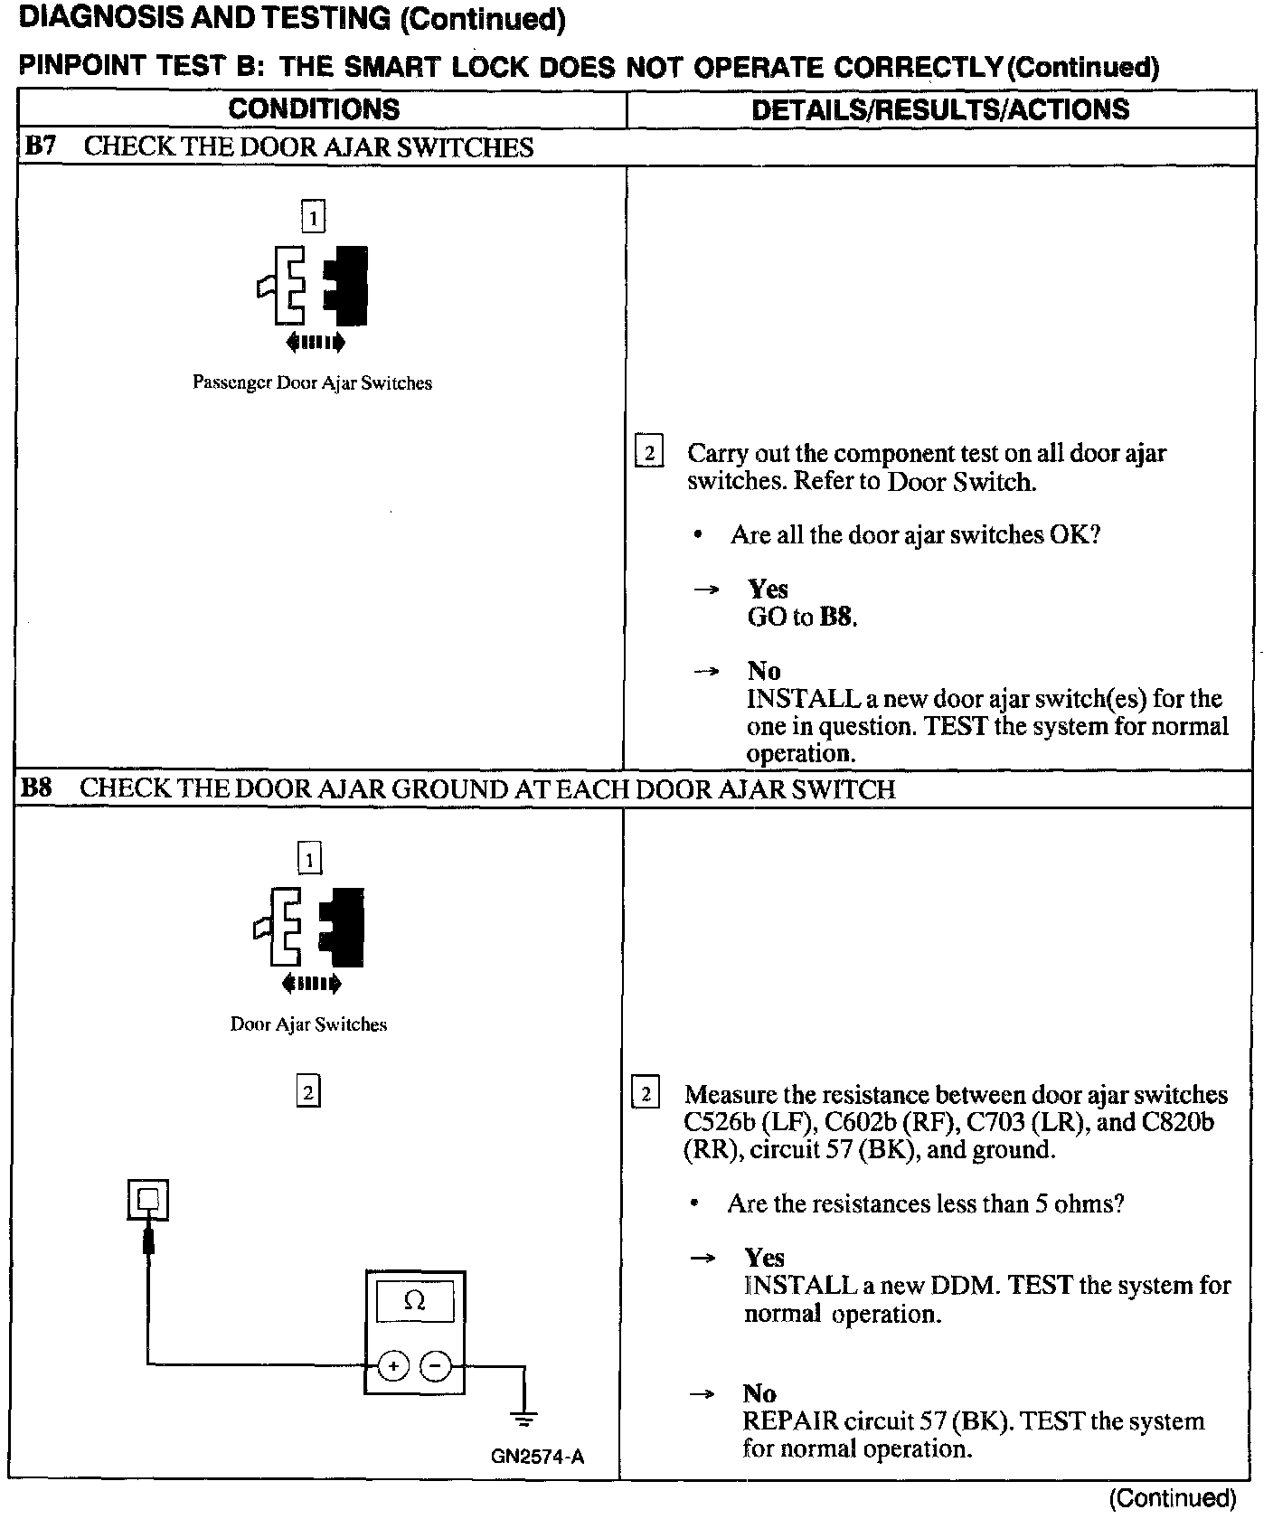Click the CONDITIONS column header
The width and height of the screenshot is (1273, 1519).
(x=314, y=109)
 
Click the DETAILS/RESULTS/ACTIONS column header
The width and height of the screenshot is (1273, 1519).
(x=940, y=109)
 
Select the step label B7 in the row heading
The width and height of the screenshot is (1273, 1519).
(x=40, y=146)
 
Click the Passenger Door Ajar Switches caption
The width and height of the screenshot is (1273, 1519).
(x=312, y=383)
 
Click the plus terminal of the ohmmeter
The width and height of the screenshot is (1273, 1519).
(x=392, y=1366)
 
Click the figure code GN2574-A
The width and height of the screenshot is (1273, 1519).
(x=538, y=1457)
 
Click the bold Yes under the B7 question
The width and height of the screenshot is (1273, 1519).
(x=768, y=590)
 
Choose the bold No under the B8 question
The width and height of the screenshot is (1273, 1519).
(x=759, y=1393)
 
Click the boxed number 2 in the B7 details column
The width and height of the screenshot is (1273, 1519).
(x=649, y=451)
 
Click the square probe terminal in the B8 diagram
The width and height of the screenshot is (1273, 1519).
(x=148, y=1202)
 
